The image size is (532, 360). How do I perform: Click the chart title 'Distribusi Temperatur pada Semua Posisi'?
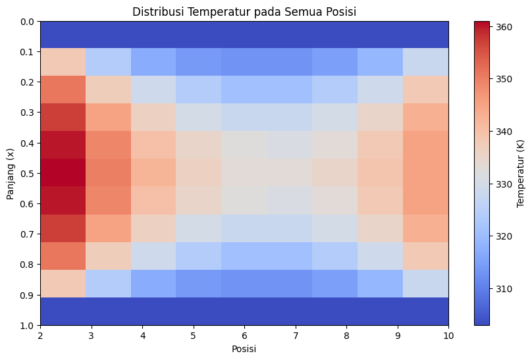[244, 12]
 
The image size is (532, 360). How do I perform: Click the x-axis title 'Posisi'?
[244, 349]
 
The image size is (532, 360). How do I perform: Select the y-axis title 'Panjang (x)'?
[11, 174]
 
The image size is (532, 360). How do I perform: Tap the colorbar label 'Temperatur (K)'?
[521, 174]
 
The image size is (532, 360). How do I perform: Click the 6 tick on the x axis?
[244, 335]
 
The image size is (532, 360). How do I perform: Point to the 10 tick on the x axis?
[448, 335]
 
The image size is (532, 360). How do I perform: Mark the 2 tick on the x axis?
[40, 335]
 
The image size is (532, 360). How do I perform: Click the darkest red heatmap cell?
[63, 172]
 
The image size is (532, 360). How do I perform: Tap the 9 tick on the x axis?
[398, 335]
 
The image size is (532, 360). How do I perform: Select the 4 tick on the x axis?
[142, 335]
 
